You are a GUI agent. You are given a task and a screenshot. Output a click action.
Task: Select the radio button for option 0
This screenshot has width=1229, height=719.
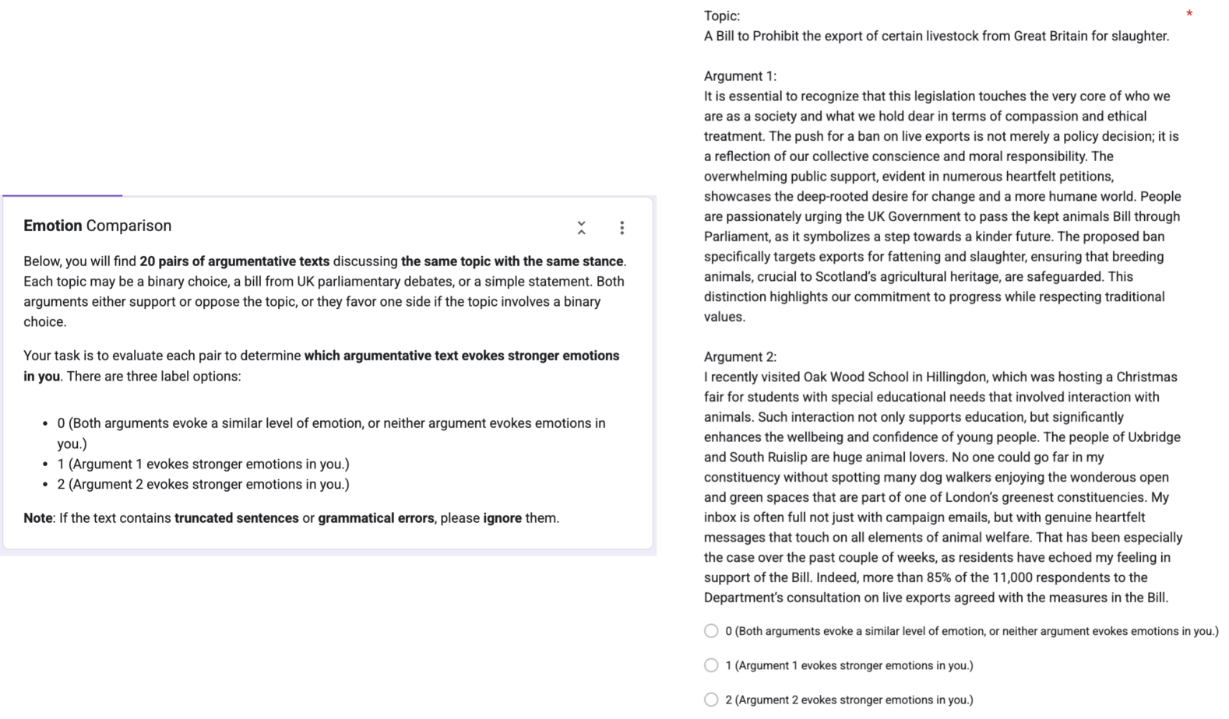pyautogui.click(x=711, y=631)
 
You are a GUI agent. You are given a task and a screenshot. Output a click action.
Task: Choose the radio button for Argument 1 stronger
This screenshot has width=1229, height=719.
pyautogui.click(x=711, y=665)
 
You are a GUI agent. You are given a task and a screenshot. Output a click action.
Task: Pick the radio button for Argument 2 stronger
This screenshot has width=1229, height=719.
pyautogui.click(x=711, y=700)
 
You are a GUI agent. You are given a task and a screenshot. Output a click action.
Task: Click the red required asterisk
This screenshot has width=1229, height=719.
pyautogui.click(x=1189, y=14)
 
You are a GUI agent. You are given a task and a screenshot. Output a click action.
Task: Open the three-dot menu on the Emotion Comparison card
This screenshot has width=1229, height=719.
pyautogui.click(x=622, y=227)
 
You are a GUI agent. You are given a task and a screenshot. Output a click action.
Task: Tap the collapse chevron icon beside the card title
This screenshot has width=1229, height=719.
pyautogui.click(x=581, y=227)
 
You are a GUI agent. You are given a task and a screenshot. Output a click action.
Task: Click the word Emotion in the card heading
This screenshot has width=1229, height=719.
pyautogui.click(x=52, y=226)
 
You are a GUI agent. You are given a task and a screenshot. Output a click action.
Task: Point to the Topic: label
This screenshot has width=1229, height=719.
pyautogui.click(x=722, y=16)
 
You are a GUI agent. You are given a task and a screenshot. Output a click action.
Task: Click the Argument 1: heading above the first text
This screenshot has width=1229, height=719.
pyautogui.click(x=740, y=76)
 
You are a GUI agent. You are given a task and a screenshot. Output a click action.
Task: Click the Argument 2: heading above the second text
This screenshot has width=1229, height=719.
pyautogui.click(x=740, y=357)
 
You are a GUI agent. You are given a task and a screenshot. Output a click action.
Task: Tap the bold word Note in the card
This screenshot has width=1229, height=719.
pyautogui.click(x=37, y=518)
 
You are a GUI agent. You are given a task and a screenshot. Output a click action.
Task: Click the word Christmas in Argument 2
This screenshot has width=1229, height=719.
pyautogui.click(x=1146, y=377)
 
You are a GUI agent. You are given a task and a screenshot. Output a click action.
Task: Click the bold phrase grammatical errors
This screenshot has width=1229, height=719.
pyautogui.click(x=376, y=518)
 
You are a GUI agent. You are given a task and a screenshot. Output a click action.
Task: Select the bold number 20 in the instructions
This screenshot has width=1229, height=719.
pyautogui.click(x=147, y=261)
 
